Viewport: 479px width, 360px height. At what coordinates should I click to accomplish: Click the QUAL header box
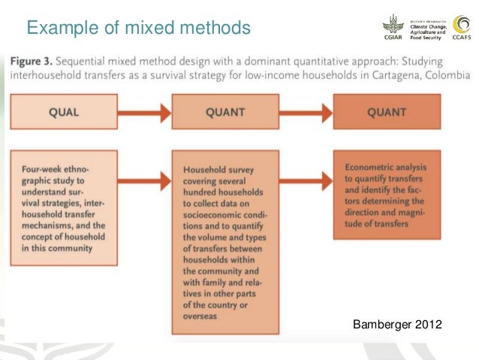(64, 113)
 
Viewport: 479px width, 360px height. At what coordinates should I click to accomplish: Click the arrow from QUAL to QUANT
(146, 113)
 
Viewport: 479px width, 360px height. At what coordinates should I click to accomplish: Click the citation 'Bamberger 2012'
(398, 325)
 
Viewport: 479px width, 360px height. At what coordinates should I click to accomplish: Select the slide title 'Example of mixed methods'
(138, 28)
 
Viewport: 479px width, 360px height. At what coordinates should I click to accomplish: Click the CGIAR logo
(390, 29)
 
